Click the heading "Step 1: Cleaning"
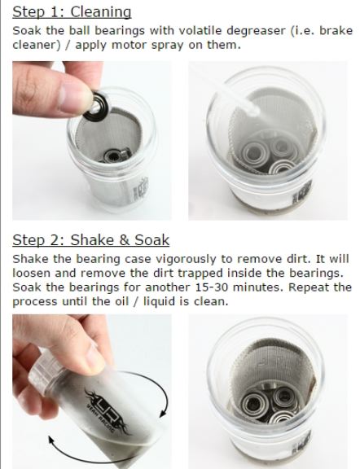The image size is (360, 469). pyautogui.click(x=72, y=12)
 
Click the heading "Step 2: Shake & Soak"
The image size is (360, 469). pyautogui.click(x=91, y=240)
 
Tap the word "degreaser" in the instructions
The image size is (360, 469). pyautogui.click(x=256, y=31)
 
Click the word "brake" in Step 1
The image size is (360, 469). pyautogui.click(x=336, y=30)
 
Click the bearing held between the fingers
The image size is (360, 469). pyautogui.click(x=96, y=106)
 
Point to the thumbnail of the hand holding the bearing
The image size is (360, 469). pyautogui.click(x=92, y=141)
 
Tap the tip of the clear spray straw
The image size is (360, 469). pyautogui.click(x=255, y=111)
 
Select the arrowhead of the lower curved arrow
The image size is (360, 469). pyautogui.click(x=52, y=440)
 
